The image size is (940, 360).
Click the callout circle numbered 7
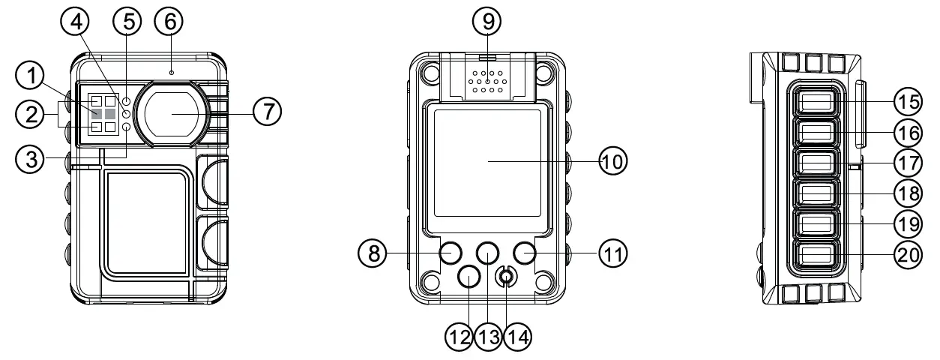point(266,112)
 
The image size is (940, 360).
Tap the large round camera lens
point(175,112)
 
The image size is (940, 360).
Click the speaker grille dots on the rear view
point(486,82)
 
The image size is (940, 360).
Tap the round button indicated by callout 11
point(525,253)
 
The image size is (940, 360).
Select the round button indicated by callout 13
point(487,253)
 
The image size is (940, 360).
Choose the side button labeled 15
point(814,100)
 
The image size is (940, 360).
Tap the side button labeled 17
point(814,162)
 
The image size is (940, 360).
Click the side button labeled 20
point(814,256)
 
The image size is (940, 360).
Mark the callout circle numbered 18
point(908,193)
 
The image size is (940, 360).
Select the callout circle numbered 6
point(169,22)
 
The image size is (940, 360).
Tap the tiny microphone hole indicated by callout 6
point(171,72)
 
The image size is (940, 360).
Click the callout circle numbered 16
point(908,131)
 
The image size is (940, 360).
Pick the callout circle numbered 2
point(30,115)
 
